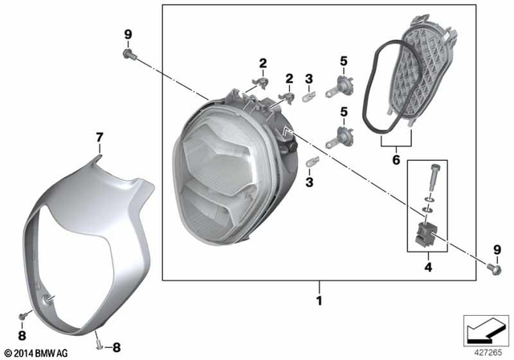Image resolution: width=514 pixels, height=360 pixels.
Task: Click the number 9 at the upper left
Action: click(x=128, y=34)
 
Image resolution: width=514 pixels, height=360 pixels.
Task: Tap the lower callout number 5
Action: click(x=344, y=112)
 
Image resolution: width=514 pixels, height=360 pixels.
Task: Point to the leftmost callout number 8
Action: click(x=22, y=335)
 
